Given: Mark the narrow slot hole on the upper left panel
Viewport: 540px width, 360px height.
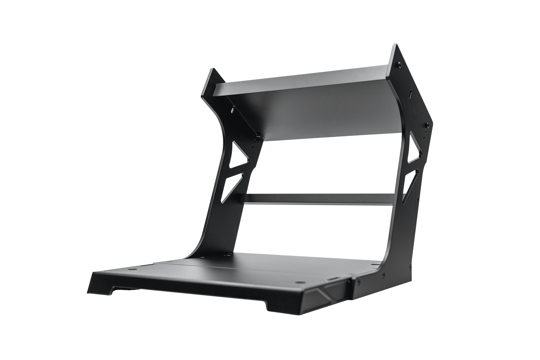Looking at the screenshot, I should pos(233,108).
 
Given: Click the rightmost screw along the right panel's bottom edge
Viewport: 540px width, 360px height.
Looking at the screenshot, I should pos(410,267).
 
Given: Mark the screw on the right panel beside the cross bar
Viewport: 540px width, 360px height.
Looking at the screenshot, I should pos(418,198).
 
